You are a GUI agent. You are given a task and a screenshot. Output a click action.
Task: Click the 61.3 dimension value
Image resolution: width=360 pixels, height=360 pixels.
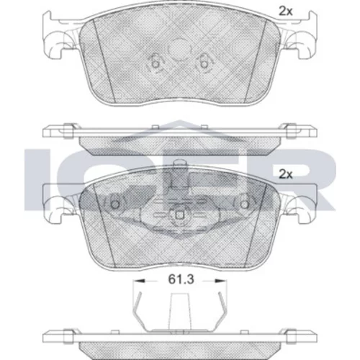tap(181, 279)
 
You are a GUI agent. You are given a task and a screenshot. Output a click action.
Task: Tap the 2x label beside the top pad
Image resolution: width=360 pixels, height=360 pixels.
tap(285, 12)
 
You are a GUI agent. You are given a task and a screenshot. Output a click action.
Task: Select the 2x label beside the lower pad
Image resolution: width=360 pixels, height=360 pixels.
tap(285, 174)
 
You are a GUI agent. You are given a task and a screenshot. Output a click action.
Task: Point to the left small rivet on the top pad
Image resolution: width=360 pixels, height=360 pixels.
tap(156, 64)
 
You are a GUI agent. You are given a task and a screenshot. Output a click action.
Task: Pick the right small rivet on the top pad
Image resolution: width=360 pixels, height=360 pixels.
tap(204, 64)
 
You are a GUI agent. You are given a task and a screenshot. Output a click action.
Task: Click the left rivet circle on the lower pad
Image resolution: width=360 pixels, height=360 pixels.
tap(115, 204)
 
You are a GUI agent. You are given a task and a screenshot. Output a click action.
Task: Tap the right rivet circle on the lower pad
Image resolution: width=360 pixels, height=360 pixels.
tap(245, 204)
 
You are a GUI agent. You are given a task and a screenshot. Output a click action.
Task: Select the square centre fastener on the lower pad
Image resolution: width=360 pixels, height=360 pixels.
tap(180, 215)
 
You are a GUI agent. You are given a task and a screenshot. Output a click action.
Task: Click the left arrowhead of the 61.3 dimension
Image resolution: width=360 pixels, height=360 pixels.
tap(140, 280)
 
